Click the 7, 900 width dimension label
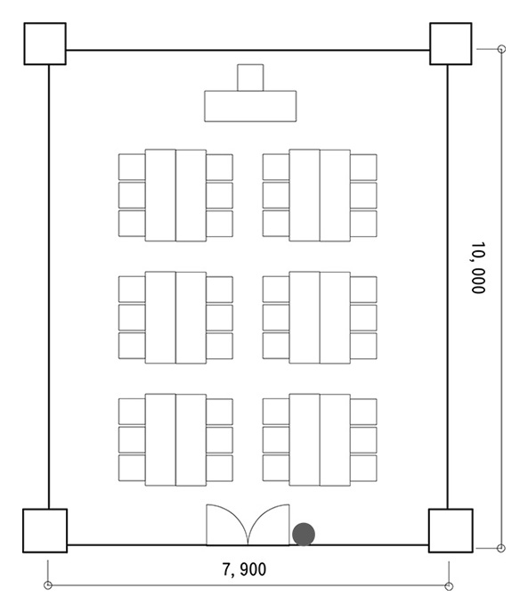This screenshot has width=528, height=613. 244,569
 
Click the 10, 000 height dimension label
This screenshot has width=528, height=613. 478,268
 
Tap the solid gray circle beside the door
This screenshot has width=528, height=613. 304,535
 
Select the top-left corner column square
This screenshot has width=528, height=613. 45,44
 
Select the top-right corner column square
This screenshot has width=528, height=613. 451,44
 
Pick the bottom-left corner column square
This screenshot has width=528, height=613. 45,530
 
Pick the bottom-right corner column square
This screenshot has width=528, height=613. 451,530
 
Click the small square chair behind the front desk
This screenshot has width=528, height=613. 250,78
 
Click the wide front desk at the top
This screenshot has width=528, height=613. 250,106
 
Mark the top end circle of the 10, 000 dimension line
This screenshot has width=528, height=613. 502,49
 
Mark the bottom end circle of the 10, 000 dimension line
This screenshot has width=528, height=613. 501,548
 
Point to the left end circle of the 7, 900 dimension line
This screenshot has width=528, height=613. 48,584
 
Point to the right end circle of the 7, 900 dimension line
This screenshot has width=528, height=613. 449,586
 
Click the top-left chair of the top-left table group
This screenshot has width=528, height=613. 132,167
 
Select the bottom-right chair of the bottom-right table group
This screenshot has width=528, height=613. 363,469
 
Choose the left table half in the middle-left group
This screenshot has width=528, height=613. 160,317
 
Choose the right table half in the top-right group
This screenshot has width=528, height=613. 335,195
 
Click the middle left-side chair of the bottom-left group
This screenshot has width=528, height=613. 132,440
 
